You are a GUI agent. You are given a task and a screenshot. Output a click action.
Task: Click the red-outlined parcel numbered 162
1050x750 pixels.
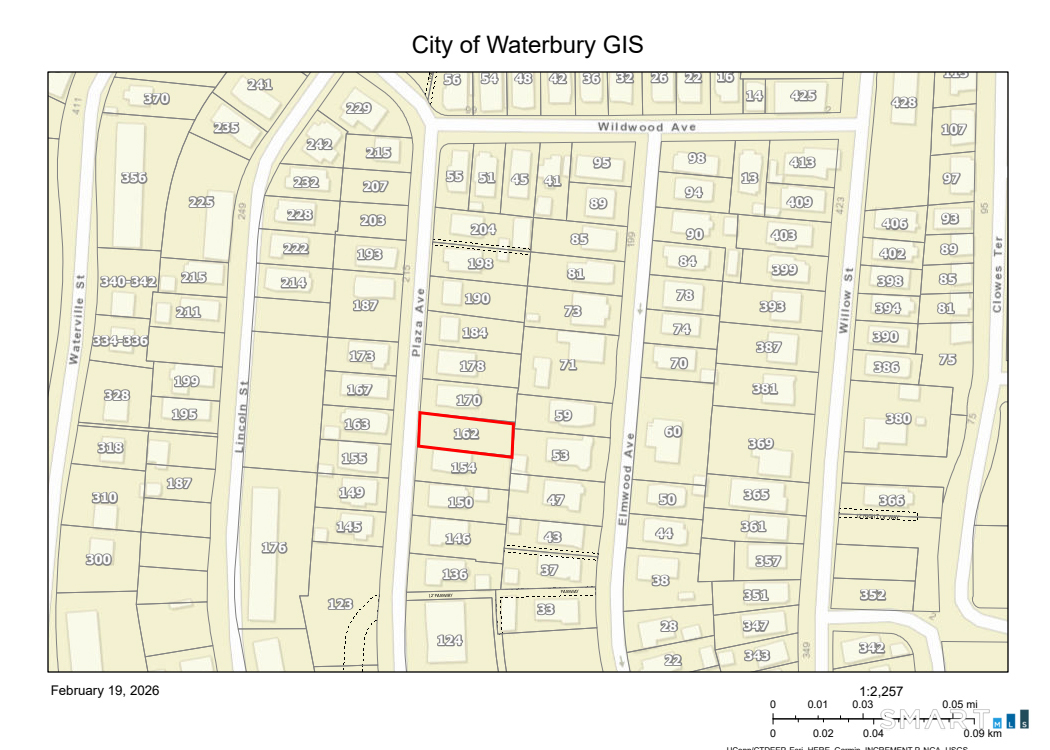point(466,434)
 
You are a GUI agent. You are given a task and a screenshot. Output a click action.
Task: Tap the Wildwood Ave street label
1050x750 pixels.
point(646,127)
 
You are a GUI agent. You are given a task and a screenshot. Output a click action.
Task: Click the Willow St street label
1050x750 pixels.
point(847,299)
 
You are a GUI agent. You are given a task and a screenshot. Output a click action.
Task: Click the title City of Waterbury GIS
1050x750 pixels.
point(527,45)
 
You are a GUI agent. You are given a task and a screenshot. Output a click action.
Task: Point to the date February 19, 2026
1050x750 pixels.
point(105,690)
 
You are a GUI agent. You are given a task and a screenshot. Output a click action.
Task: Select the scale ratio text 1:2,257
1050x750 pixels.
point(881,691)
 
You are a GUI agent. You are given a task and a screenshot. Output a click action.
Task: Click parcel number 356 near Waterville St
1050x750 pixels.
point(133,178)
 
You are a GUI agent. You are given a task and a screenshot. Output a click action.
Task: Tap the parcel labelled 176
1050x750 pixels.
point(274,547)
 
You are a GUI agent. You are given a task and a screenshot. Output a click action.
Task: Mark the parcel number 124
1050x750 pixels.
point(450,640)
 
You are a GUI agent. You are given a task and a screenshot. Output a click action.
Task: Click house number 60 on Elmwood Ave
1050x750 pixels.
point(673,431)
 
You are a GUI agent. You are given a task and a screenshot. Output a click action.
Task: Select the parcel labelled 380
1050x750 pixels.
point(897,419)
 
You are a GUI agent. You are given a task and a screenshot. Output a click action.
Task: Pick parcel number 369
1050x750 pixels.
point(760,443)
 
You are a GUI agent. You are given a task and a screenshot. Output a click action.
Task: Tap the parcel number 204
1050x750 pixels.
point(483,229)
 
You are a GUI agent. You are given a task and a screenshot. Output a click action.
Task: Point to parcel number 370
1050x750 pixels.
point(156,98)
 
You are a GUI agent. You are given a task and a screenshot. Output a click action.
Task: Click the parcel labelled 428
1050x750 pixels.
point(903,103)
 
